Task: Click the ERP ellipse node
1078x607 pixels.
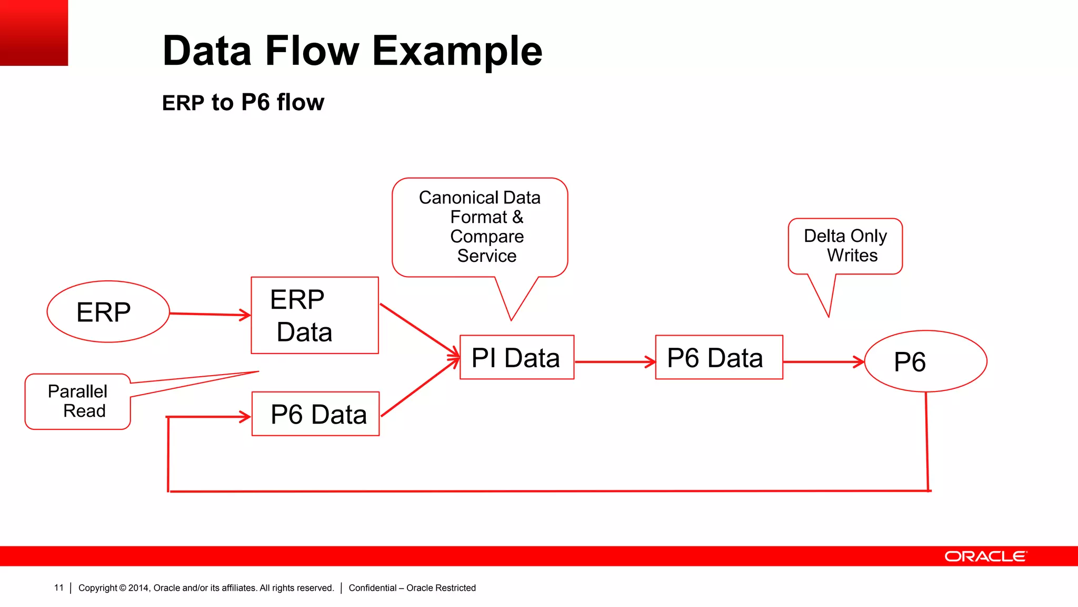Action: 108,311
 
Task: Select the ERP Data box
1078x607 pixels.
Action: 314,315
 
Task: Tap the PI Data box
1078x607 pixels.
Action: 516,357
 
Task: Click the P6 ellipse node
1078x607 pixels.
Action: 925,361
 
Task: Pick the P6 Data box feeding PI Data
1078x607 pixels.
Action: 315,414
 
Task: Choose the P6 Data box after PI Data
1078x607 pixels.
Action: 718,357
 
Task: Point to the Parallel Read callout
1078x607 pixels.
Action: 77,402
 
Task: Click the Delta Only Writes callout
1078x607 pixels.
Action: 845,246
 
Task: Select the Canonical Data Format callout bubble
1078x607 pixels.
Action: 480,227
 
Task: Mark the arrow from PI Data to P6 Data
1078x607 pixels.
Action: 614,362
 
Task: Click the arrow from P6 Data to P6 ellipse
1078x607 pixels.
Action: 823,362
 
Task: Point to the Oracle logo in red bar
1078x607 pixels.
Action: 985,556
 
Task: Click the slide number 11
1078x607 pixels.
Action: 58,588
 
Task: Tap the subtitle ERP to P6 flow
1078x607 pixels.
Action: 243,102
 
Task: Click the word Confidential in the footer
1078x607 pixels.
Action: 372,588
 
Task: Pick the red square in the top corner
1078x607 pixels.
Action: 34,32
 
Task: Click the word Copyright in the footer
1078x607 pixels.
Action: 97,588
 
